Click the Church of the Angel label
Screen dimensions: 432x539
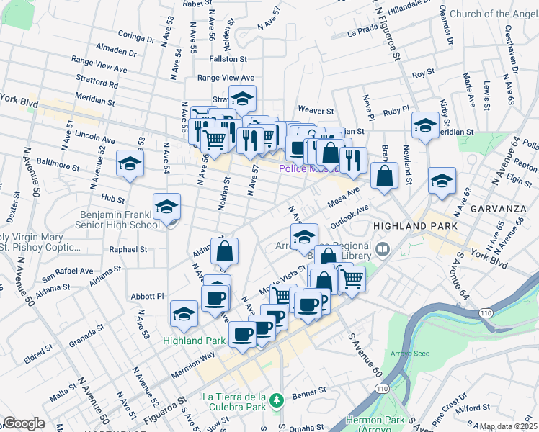coord(493,14)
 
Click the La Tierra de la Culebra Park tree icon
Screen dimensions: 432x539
coord(275,398)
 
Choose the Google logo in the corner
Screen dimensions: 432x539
coord(24,424)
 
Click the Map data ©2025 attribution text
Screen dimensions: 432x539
coord(509,426)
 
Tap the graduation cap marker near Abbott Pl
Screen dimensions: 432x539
coord(184,313)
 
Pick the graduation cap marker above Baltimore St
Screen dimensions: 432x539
coord(130,163)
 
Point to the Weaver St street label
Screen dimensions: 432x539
coord(315,112)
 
